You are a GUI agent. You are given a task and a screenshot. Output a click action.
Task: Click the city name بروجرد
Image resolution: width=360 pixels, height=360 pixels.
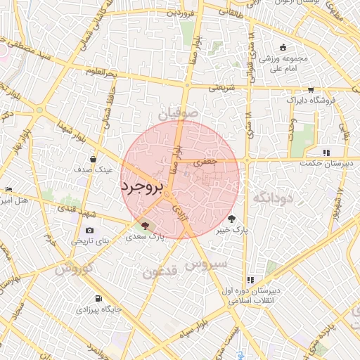tap(142, 187)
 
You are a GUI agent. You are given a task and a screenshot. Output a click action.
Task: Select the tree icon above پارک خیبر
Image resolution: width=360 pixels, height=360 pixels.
tap(233, 219)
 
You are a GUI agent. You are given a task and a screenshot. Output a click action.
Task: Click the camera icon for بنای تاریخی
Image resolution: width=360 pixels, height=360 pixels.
tap(89, 230)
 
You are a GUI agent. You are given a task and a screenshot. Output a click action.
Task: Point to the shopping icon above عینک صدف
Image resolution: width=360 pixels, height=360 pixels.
tap(94, 159)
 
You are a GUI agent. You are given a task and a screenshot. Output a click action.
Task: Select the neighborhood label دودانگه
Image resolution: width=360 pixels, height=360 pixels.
tap(271, 198)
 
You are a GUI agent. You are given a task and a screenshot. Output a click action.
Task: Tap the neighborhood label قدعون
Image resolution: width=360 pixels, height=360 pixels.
tap(160, 271)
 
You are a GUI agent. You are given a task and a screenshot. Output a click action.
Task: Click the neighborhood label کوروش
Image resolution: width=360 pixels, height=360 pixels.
tap(73, 269)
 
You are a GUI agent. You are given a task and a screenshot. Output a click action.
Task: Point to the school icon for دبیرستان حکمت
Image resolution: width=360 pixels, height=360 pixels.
tap(326, 153)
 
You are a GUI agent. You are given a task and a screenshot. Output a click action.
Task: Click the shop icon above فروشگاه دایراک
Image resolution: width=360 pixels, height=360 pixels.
tap(311, 89)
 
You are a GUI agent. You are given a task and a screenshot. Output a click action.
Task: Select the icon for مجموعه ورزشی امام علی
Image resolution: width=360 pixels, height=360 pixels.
tap(283, 48)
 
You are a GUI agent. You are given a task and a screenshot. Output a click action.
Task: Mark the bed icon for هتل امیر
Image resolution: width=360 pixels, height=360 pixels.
tap(8, 189)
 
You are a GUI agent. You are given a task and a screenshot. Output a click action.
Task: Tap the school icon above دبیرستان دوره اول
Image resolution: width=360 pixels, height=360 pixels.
tap(251, 279)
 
